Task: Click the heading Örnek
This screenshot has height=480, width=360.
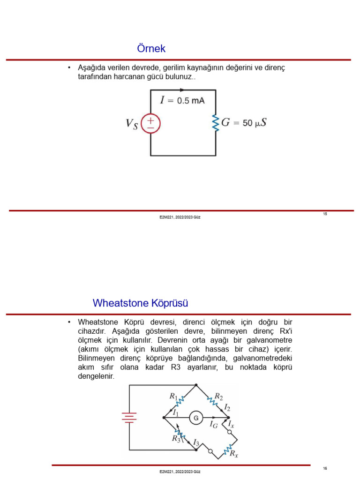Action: [151, 49]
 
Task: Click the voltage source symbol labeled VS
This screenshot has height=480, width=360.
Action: [150, 124]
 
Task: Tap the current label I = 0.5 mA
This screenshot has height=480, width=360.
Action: [182, 100]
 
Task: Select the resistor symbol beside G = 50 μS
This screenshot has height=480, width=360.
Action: [216, 123]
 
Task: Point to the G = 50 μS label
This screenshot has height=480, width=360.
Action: [244, 123]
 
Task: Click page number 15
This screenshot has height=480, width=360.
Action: [325, 214]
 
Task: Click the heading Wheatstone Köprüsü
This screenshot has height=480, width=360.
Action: [140, 303]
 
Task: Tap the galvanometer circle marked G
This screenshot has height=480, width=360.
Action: [196, 417]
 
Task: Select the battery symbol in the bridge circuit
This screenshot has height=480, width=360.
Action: [129, 417]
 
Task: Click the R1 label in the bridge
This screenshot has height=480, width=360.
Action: [173, 396]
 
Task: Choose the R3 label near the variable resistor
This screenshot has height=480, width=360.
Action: [176, 439]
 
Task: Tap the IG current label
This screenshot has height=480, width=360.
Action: [213, 425]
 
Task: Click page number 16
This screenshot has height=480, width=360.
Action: [325, 468]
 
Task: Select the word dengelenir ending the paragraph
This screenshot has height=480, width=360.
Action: [96, 376]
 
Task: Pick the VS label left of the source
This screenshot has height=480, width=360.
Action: [132, 124]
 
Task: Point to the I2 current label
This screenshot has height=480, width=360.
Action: [227, 407]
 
